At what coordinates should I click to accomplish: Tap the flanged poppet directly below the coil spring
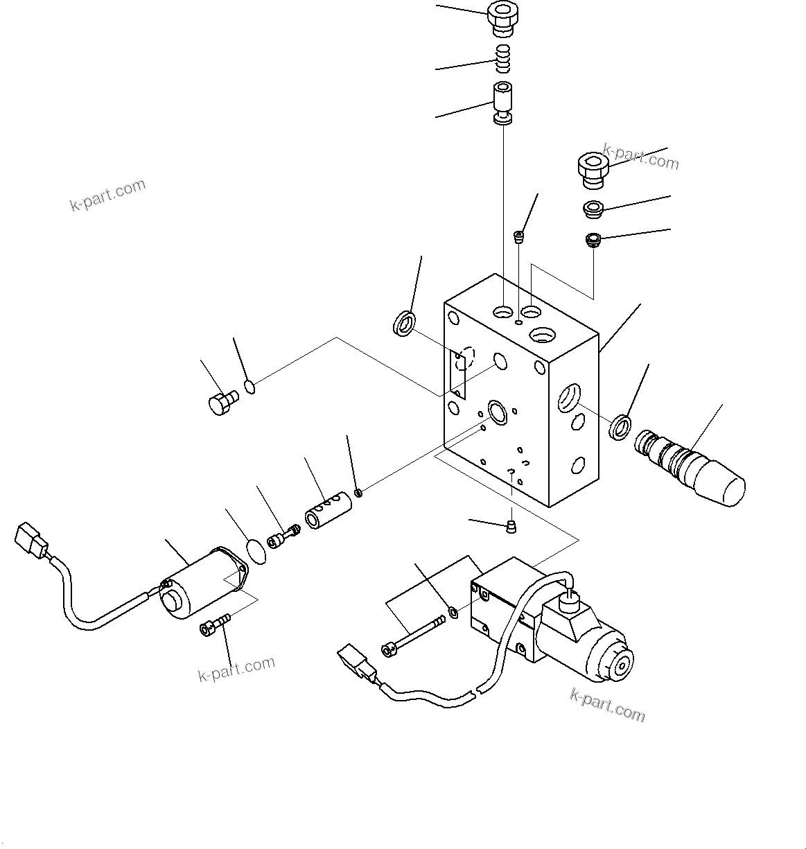[503, 102]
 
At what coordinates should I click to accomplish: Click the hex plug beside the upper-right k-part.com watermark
[592, 170]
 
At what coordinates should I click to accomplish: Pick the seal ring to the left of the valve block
[404, 324]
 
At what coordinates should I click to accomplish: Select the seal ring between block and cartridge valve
[620, 426]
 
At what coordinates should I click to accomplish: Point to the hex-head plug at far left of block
[221, 402]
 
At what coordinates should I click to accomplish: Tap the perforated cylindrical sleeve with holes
[328, 512]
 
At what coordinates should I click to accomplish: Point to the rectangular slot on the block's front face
[457, 374]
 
